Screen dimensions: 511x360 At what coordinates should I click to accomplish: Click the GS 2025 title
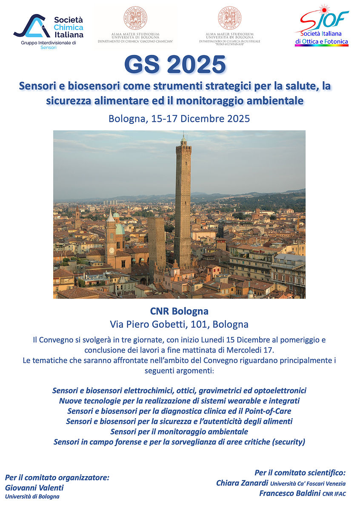175,65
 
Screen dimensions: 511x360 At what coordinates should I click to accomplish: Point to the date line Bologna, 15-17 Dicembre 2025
179,118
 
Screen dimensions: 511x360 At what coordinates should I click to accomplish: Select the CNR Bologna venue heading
179,311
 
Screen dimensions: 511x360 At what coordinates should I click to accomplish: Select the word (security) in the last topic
289,442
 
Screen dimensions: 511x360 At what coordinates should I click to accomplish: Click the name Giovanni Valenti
34,488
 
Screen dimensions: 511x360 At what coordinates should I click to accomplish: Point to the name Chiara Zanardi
242,483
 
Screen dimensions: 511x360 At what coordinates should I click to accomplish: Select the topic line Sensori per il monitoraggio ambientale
179,431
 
